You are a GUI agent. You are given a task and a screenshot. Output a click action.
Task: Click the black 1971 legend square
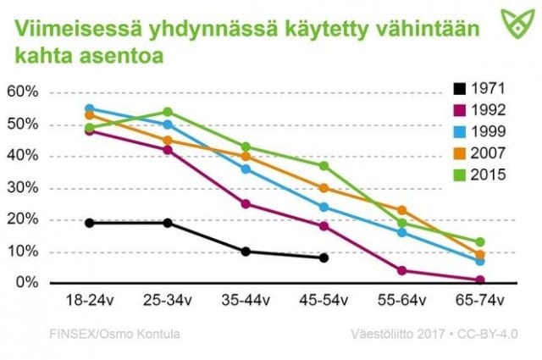coord(458,87)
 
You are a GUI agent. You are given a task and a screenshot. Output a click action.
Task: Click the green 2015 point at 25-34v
coord(168,112)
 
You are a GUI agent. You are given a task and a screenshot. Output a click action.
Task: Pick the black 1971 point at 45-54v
coord(324,258)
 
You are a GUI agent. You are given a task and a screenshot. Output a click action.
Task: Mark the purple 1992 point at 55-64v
coord(402,270)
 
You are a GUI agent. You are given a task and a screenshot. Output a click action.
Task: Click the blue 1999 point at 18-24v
coord(90,108)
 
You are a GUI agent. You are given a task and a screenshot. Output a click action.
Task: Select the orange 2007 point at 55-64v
coord(402,210)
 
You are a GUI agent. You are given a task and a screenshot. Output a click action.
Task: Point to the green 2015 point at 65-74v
coord(480,242)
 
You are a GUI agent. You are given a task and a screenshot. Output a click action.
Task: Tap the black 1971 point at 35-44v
coord(246,252)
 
